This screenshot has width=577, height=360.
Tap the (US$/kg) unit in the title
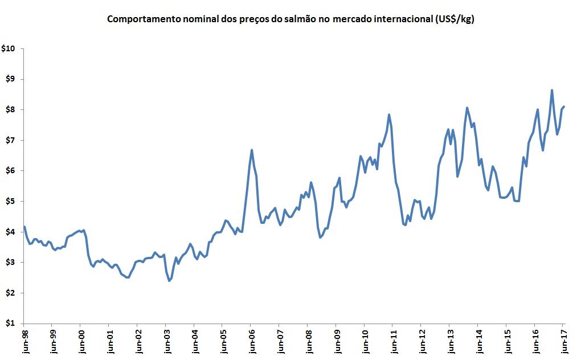click(453, 19)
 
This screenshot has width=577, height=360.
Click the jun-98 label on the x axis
click(24, 341)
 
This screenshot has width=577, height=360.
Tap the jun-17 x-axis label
click(563, 341)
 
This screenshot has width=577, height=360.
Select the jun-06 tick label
click(251, 341)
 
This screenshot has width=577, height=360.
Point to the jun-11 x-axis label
click(393, 341)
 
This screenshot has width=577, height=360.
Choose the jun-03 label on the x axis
click(166, 341)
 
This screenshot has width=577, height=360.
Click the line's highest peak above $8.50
click(551, 90)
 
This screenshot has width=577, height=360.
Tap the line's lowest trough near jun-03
click(169, 281)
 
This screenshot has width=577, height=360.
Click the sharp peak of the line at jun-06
click(252, 150)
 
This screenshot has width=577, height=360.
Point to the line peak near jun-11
click(389, 114)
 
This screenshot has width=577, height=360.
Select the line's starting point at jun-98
click(24, 227)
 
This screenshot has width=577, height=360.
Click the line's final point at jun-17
click(564, 107)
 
